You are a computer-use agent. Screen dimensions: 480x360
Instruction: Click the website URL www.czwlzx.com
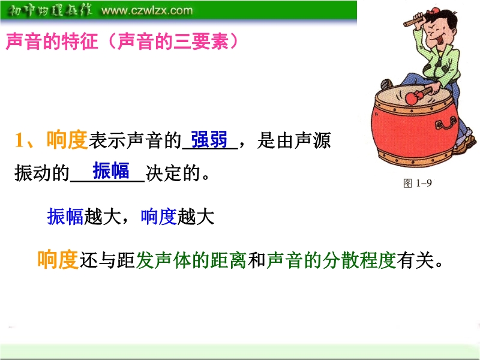coord(147,10)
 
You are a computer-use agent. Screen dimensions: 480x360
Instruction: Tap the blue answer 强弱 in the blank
coord(209,140)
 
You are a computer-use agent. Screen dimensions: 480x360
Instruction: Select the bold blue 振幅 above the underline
coord(111,170)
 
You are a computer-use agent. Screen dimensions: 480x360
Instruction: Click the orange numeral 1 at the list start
coord(20,140)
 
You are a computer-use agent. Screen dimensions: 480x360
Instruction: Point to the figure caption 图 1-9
coord(418,183)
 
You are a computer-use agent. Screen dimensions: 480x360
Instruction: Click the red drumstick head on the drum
coord(412,98)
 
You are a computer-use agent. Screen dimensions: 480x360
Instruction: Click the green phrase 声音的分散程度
coord(332,260)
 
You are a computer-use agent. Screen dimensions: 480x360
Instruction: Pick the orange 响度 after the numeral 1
coord(67,140)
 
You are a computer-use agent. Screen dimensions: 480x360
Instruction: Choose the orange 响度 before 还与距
coord(58,260)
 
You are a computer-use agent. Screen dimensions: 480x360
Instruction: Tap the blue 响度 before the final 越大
coord(158,217)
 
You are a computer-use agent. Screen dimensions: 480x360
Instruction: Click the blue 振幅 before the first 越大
coord(65,217)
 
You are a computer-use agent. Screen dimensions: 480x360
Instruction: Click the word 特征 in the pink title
coord(80,41)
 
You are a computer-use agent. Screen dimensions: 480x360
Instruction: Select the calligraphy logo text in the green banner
coord(50,10)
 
